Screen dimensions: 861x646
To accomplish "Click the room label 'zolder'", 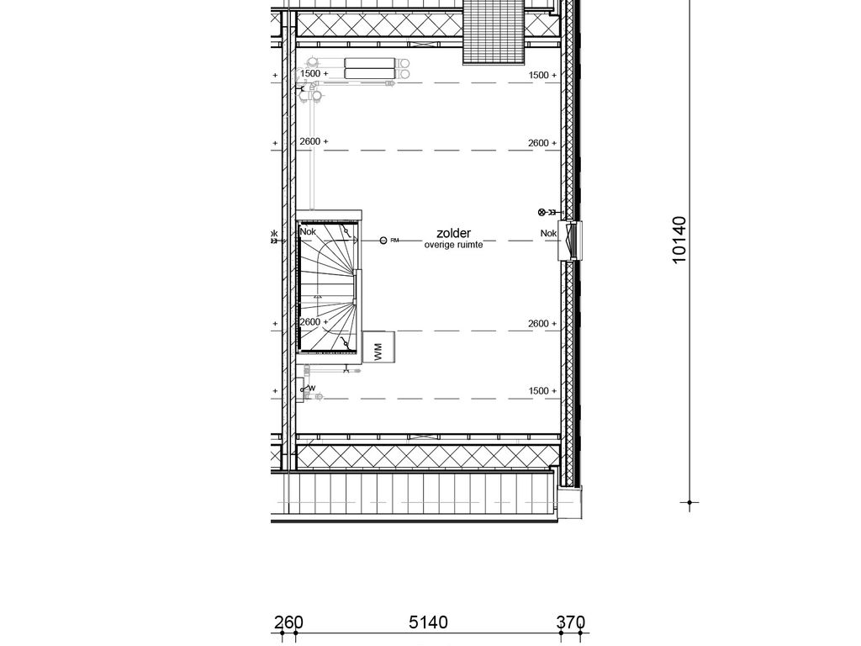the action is (453, 234).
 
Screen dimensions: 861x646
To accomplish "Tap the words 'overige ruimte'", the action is (453, 245).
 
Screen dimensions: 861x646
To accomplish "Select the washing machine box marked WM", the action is (378, 347).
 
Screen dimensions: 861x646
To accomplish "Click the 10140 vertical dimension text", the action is (679, 240).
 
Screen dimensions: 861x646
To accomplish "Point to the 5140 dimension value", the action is (428, 622).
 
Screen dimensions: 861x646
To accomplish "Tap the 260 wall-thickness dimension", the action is (288, 622).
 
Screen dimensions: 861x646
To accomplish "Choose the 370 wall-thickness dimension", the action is (571, 622).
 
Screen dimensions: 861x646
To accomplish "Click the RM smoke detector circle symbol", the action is (383, 240).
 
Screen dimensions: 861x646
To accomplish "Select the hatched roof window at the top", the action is (494, 32).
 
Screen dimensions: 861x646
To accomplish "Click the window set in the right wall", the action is (571, 241).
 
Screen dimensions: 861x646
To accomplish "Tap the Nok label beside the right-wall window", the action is (548, 234).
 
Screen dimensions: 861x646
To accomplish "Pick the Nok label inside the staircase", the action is (308, 232).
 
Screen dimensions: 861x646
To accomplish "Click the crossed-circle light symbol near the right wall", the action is (542, 212).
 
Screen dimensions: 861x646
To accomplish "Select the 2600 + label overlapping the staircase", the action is (314, 322).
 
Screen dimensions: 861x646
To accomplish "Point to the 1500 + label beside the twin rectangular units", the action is (314, 73).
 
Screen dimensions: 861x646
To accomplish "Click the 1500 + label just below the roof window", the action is (542, 75).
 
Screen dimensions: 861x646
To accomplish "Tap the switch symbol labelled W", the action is (308, 389).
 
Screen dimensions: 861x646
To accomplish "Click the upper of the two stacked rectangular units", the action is (370, 62).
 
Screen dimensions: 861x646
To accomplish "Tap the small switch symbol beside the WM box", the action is (346, 370).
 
